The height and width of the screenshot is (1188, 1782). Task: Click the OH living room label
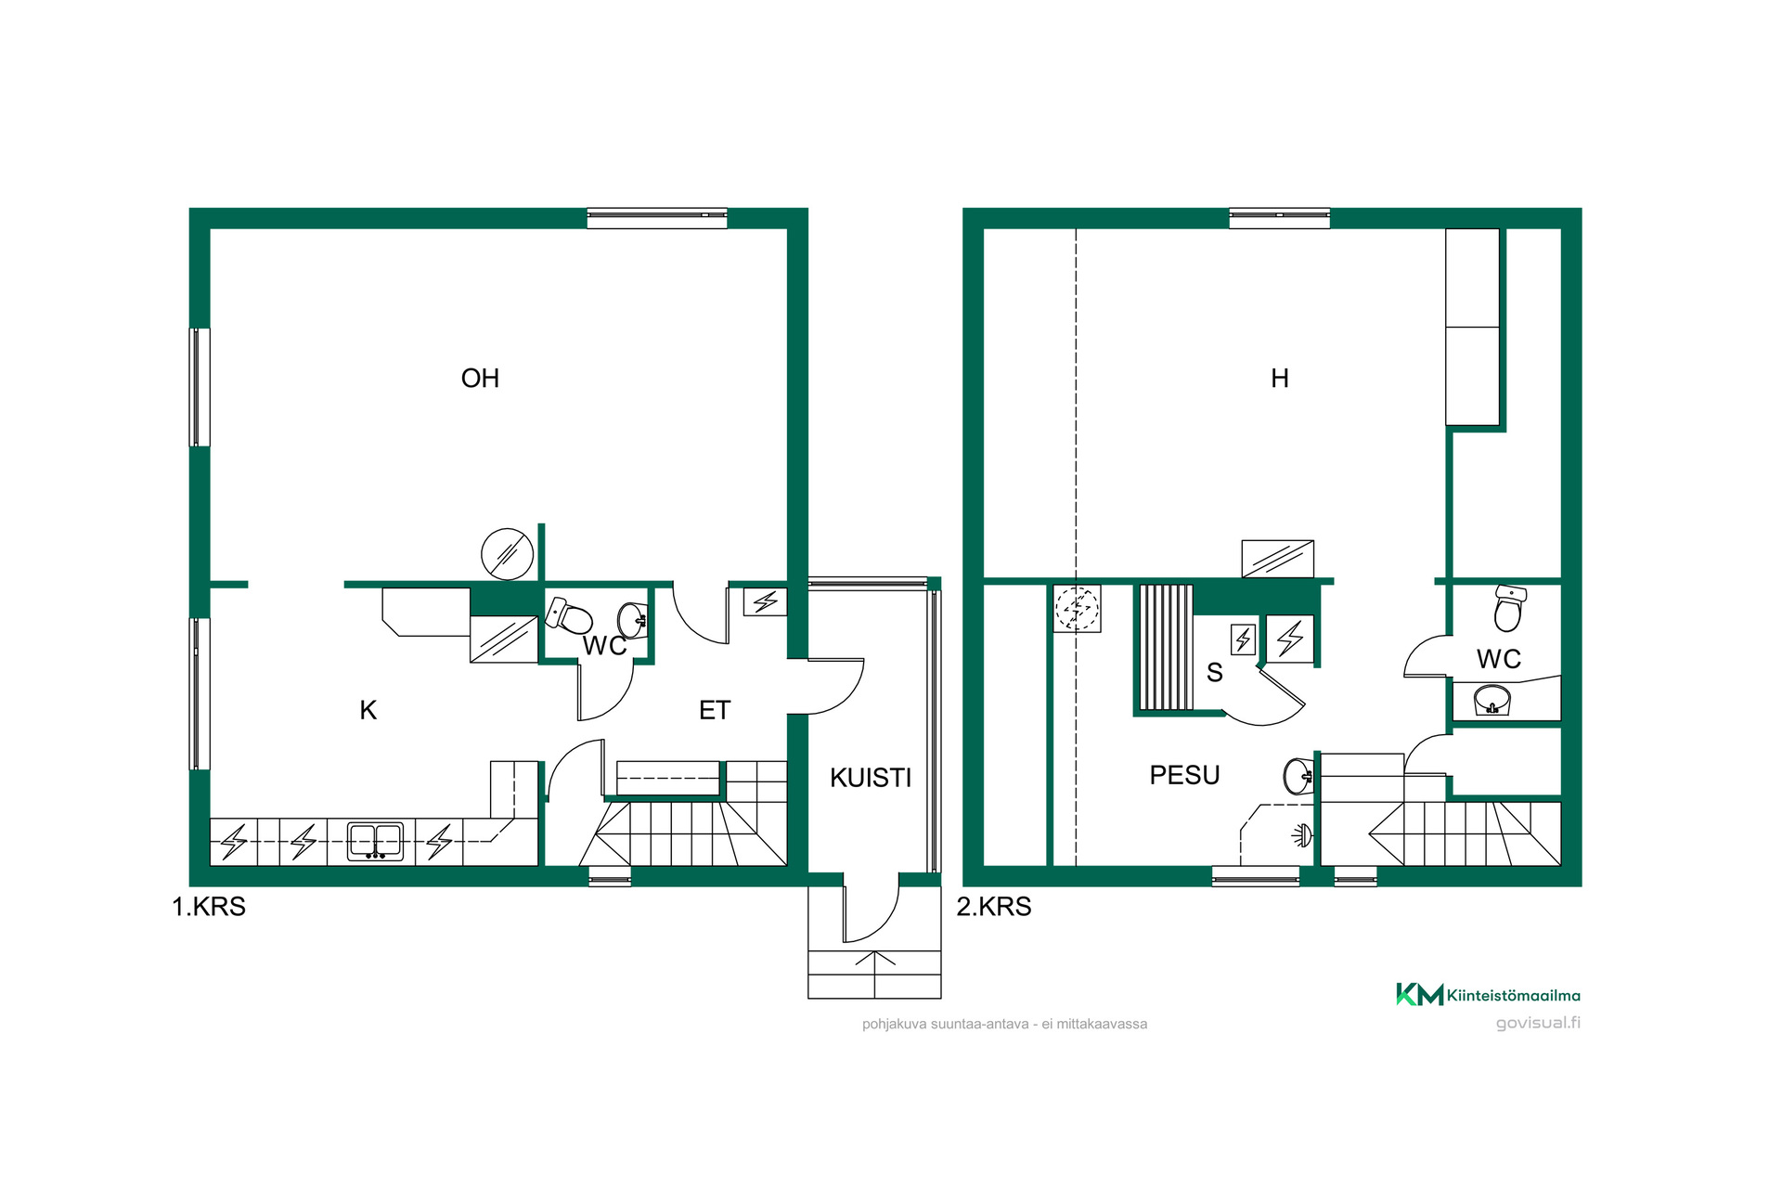point(480,379)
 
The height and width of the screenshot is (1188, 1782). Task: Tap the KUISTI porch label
point(871,778)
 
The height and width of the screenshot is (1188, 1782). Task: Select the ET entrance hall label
point(715,711)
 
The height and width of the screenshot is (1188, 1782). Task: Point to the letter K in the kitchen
point(368,711)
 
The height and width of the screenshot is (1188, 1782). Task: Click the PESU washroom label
point(1184,775)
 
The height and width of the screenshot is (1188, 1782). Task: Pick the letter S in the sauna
point(1215,673)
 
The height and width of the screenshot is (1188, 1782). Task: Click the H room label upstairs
point(1280,379)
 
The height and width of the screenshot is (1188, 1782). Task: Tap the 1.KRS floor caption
point(209,907)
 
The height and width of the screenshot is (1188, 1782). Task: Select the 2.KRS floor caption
point(994,907)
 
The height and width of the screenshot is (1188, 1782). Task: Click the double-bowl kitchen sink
point(375,842)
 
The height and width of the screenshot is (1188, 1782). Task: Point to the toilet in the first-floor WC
point(569,615)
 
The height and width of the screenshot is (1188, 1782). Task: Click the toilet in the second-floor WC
point(1509,608)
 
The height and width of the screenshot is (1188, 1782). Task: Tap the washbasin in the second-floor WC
point(1492,700)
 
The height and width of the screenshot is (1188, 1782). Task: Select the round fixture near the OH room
point(507,554)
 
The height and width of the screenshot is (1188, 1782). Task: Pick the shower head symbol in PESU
point(1302,835)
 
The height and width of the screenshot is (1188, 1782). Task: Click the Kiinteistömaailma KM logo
point(1489,995)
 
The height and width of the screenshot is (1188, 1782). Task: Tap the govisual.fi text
point(1538,1023)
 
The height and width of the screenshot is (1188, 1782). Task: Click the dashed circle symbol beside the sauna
point(1077,609)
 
